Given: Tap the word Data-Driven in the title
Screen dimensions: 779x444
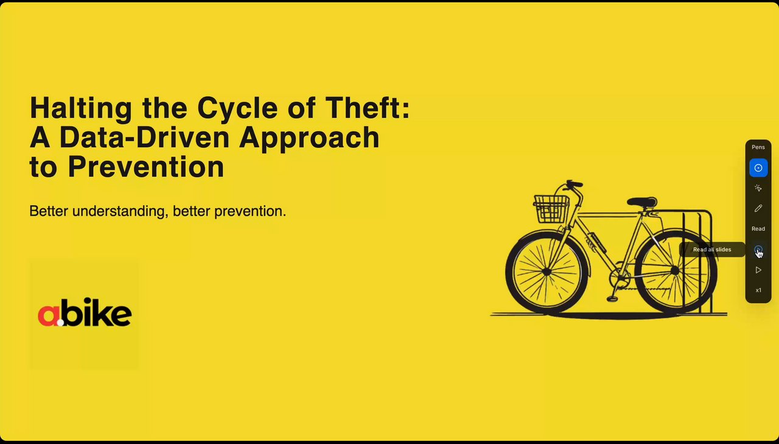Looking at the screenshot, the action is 144,137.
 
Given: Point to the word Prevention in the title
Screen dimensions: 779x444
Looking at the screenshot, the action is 146,167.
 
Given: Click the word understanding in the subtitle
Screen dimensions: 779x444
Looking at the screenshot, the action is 121,211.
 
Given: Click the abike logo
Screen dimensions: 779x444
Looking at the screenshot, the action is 85,312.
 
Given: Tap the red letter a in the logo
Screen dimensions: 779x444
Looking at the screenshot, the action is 48,315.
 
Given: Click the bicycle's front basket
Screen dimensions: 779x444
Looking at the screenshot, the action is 551,209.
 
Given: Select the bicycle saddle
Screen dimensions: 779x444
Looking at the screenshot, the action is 642,202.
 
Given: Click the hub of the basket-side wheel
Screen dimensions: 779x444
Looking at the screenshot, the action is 547,272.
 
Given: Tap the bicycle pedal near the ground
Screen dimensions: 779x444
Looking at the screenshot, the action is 612,298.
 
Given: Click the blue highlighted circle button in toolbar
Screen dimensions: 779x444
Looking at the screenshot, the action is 758,168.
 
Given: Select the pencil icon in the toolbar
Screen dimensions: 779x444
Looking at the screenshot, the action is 758,208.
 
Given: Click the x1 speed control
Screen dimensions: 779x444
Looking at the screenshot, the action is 758,290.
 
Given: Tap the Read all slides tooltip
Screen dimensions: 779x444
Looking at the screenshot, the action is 712,250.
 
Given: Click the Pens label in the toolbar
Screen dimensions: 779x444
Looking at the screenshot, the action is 758,147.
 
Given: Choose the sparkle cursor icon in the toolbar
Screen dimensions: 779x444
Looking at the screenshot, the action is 758,188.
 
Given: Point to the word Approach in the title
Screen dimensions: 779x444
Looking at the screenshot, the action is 309,138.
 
